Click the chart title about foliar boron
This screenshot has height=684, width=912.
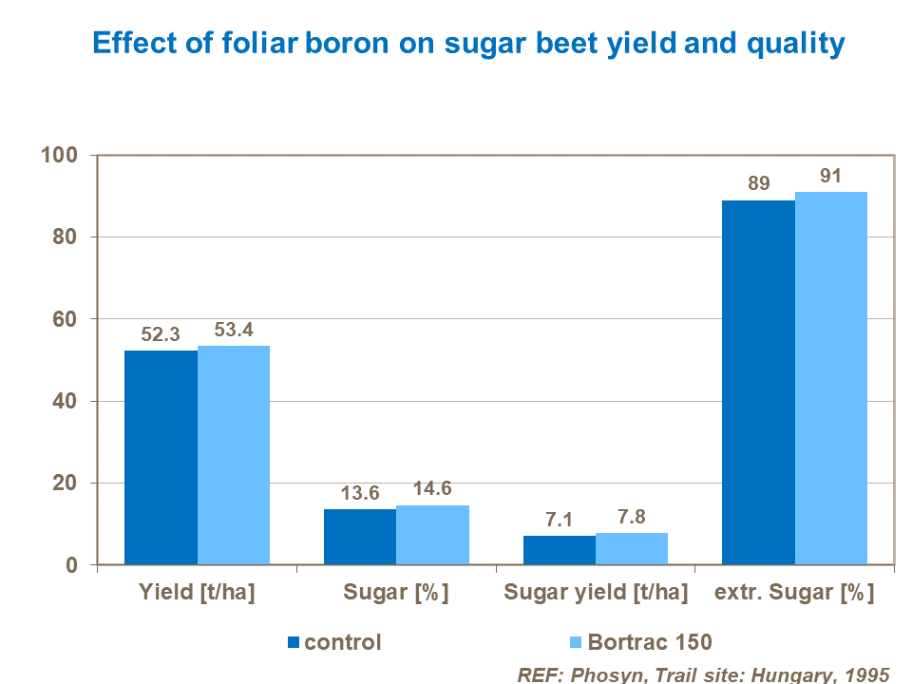pos(467,44)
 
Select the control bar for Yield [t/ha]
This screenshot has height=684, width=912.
pos(161,458)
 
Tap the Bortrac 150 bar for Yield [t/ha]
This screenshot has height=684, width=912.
pos(234,455)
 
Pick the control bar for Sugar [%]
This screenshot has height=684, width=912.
pos(360,537)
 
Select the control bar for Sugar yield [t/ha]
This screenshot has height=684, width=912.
pos(560,550)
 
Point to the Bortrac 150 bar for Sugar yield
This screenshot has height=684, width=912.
pos(632,549)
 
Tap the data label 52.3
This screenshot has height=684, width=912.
pos(161,335)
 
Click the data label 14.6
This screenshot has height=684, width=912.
pos(432,490)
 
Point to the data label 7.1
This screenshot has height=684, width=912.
pos(560,521)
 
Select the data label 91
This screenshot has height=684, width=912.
pos(831,176)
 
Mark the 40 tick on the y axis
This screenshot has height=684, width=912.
pos(70,401)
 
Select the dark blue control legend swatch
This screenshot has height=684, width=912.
pos(293,643)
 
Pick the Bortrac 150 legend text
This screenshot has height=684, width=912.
pos(650,642)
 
